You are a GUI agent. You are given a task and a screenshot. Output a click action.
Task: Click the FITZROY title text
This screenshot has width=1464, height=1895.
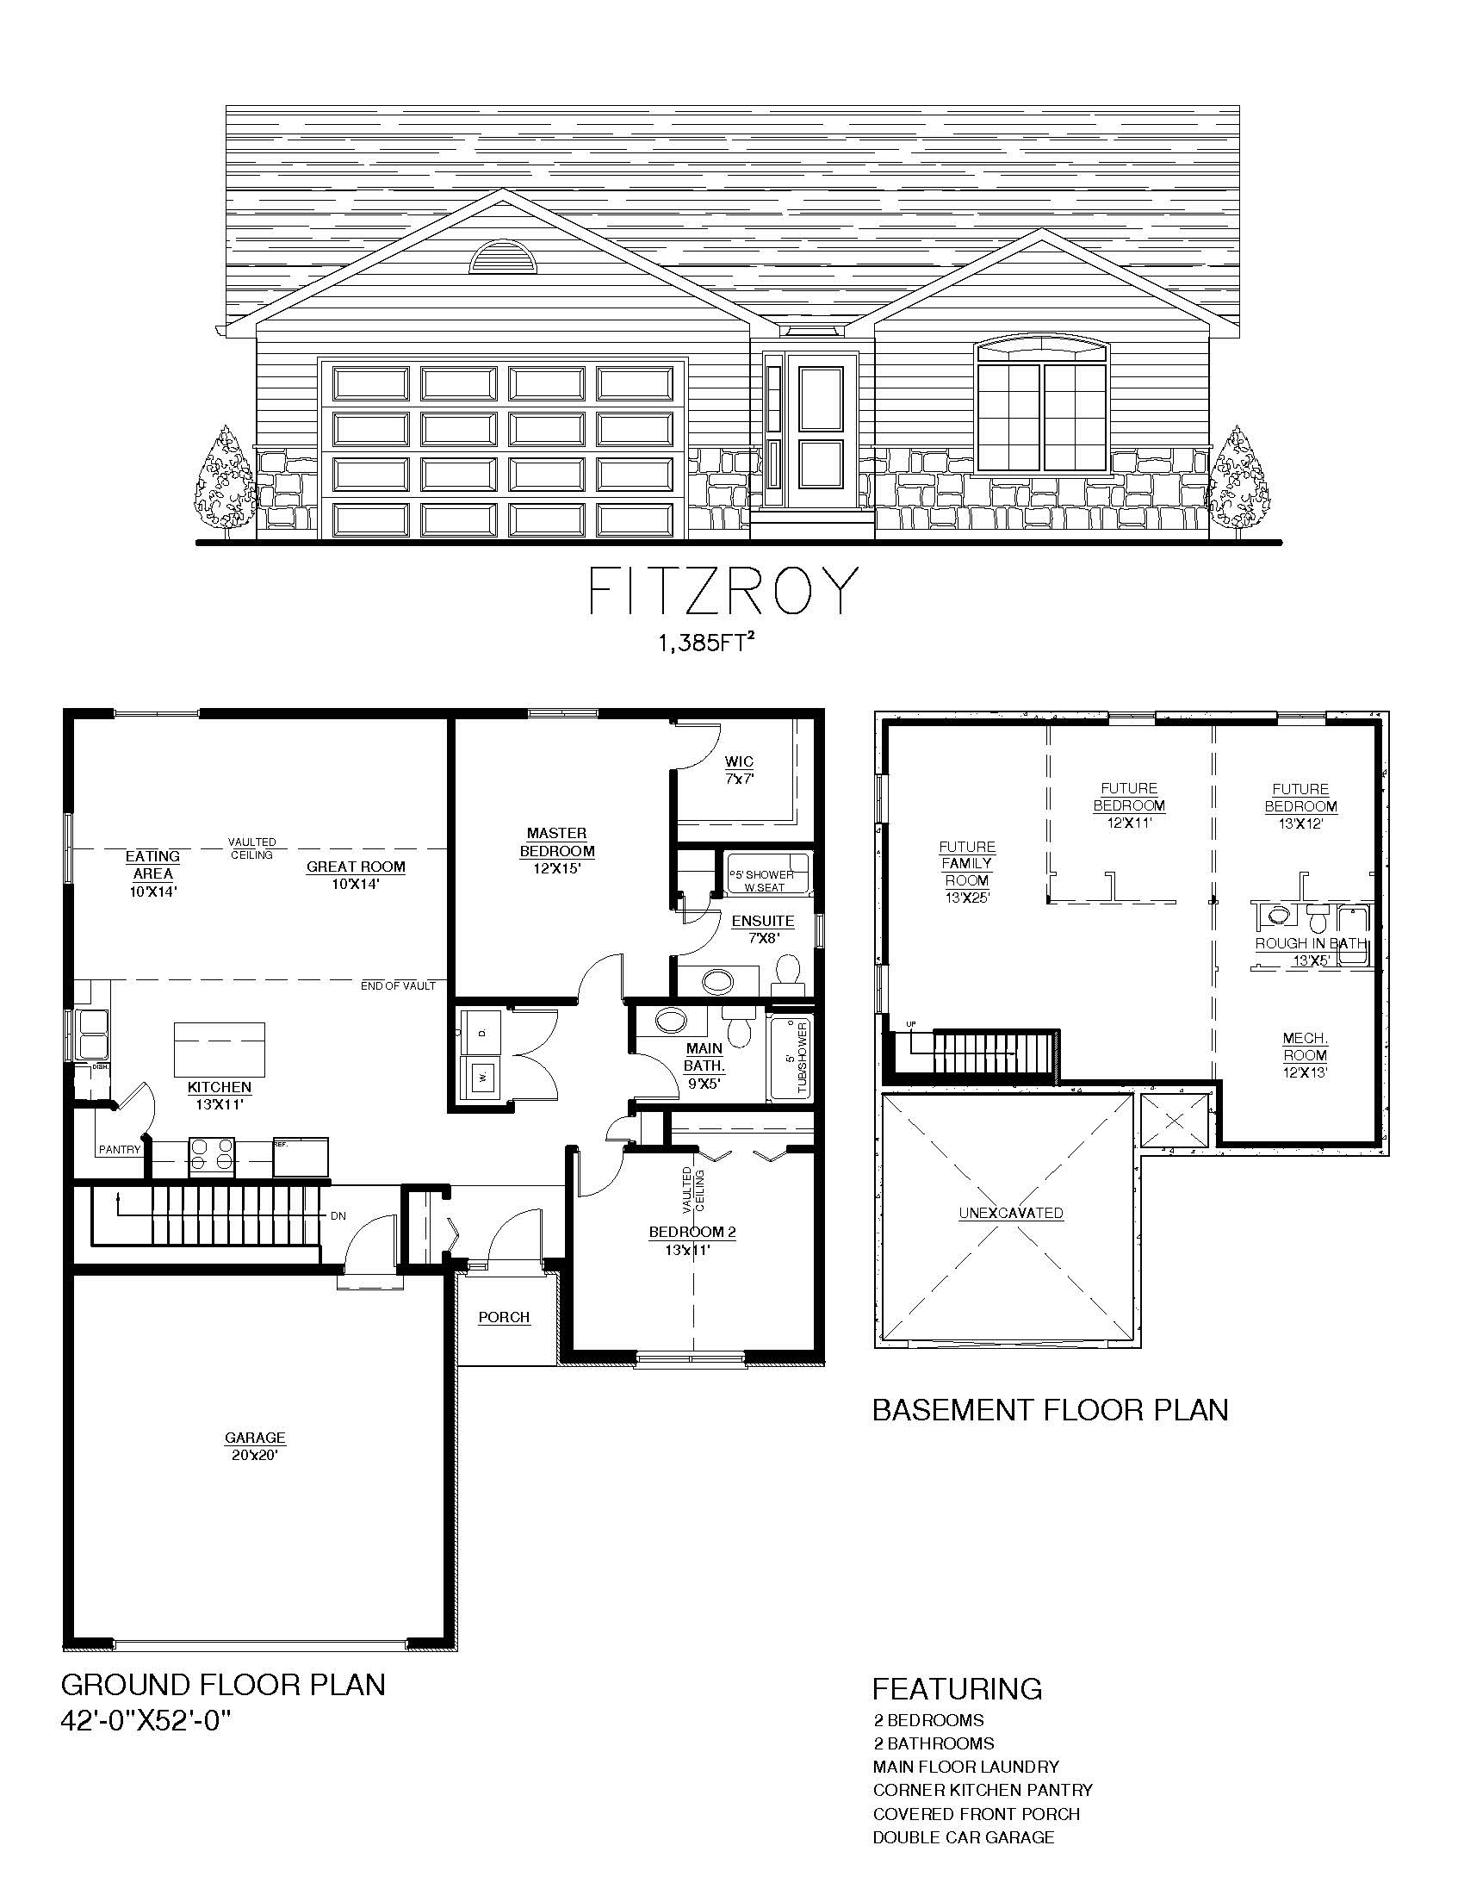click(x=724, y=592)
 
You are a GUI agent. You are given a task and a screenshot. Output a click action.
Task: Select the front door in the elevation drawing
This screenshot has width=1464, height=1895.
click(x=821, y=438)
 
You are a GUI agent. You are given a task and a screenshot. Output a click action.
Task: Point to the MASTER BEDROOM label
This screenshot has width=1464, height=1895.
click(x=557, y=842)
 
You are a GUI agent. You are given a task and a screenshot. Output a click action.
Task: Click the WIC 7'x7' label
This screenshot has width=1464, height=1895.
click(x=740, y=769)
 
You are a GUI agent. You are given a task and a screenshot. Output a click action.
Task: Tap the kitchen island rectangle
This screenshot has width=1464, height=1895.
click(x=220, y=1048)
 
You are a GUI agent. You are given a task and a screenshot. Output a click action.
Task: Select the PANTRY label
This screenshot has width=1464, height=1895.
click(x=119, y=1150)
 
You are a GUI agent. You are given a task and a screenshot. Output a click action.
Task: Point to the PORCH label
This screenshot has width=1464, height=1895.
click(x=504, y=1317)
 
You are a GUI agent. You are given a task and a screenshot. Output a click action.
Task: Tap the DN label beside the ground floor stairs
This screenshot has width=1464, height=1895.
click(x=338, y=1215)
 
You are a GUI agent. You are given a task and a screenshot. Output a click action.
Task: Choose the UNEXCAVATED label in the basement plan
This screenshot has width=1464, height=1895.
click(x=1010, y=1213)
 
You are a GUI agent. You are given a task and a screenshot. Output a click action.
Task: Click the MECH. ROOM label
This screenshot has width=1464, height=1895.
click(x=1306, y=1047)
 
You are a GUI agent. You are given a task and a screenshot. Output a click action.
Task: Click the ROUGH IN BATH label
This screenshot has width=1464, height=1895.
click(x=1310, y=943)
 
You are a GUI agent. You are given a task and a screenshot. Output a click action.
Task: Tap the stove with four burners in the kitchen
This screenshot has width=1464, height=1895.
click(x=213, y=1156)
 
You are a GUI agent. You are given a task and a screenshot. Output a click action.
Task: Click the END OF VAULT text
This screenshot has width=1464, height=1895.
click(x=398, y=985)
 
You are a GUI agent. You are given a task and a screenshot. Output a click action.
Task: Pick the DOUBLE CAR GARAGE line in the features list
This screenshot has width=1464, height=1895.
click(x=964, y=1837)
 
